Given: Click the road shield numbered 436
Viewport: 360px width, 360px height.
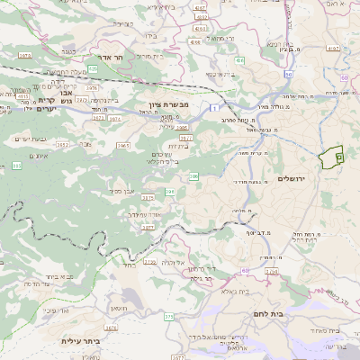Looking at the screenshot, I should [239, 59].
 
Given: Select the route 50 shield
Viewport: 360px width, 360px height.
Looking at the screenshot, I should [288, 73].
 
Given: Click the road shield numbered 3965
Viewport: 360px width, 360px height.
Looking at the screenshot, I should [123, 144].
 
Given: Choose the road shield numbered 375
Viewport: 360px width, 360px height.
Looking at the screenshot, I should [168, 316].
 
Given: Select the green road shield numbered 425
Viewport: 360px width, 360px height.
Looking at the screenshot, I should [93, 68].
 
